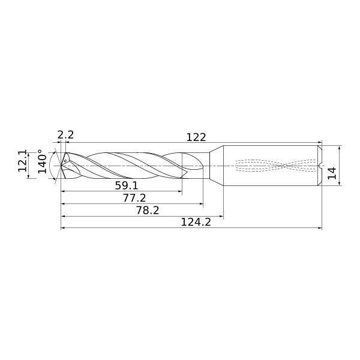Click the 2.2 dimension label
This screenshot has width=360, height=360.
click(x=65, y=135)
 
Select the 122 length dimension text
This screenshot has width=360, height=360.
click(x=196, y=137)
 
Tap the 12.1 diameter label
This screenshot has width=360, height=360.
click(x=23, y=161)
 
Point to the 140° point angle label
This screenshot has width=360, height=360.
click(x=42, y=161)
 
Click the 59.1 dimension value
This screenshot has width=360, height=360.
click(x=127, y=185)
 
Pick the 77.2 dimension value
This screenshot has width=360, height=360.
click(x=134, y=198)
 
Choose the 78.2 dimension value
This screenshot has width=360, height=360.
click(x=148, y=211)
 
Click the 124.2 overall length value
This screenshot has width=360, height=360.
click(x=196, y=222)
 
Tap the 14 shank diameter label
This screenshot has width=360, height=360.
click(x=332, y=173)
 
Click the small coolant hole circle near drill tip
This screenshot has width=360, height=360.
click(x=65, y=161)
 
